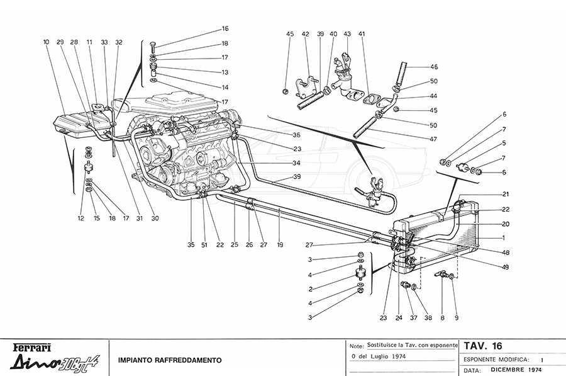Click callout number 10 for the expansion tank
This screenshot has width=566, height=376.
pyautogui.click(x=47, y=42)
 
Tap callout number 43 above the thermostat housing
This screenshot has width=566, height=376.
pyautogui.click(x=347, y=33)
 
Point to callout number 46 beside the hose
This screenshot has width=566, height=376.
pyautogui.click(x=434, y=67)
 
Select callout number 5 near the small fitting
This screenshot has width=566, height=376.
pyautogui.click(x=503, y=143)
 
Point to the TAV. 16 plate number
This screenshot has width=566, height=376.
pyautogui.click(x=482, y=346)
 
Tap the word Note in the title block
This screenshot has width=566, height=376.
pyautogui.click(x=356, y=346)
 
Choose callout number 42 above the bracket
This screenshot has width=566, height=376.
pyautogui.click(x=305, y=33)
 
